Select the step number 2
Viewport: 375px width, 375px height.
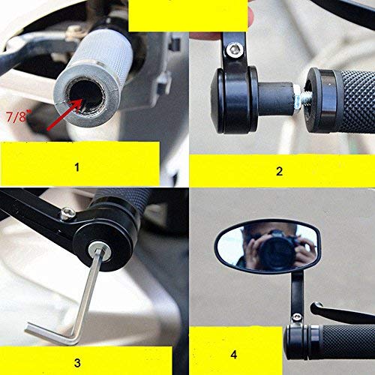coord(279,171)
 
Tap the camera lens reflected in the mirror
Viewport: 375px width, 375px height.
coord(274,251)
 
